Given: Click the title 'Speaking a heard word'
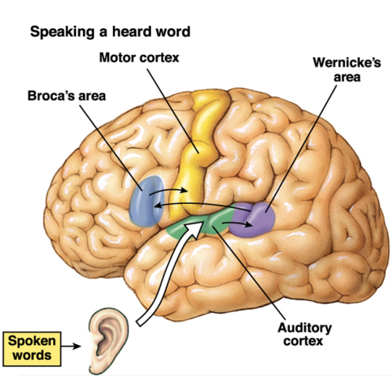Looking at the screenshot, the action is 110,32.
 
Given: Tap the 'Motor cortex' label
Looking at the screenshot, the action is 139,57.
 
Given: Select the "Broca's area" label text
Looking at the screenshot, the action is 67,96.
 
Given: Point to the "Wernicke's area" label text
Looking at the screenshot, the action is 347,70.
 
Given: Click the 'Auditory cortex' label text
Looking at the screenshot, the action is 304,335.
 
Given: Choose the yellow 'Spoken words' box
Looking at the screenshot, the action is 32,349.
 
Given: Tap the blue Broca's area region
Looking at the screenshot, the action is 147,201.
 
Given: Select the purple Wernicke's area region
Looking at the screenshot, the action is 252,220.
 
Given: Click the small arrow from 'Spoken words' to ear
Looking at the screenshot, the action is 71,347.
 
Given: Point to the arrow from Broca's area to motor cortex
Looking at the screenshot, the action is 169,190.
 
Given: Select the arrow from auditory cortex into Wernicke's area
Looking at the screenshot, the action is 238,223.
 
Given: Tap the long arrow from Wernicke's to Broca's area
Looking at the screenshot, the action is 201,203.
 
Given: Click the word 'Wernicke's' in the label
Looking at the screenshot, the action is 347,63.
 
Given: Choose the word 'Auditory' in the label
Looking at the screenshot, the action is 304,328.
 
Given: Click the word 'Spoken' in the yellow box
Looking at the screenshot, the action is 32,341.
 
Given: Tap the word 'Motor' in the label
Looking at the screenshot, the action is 117,57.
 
